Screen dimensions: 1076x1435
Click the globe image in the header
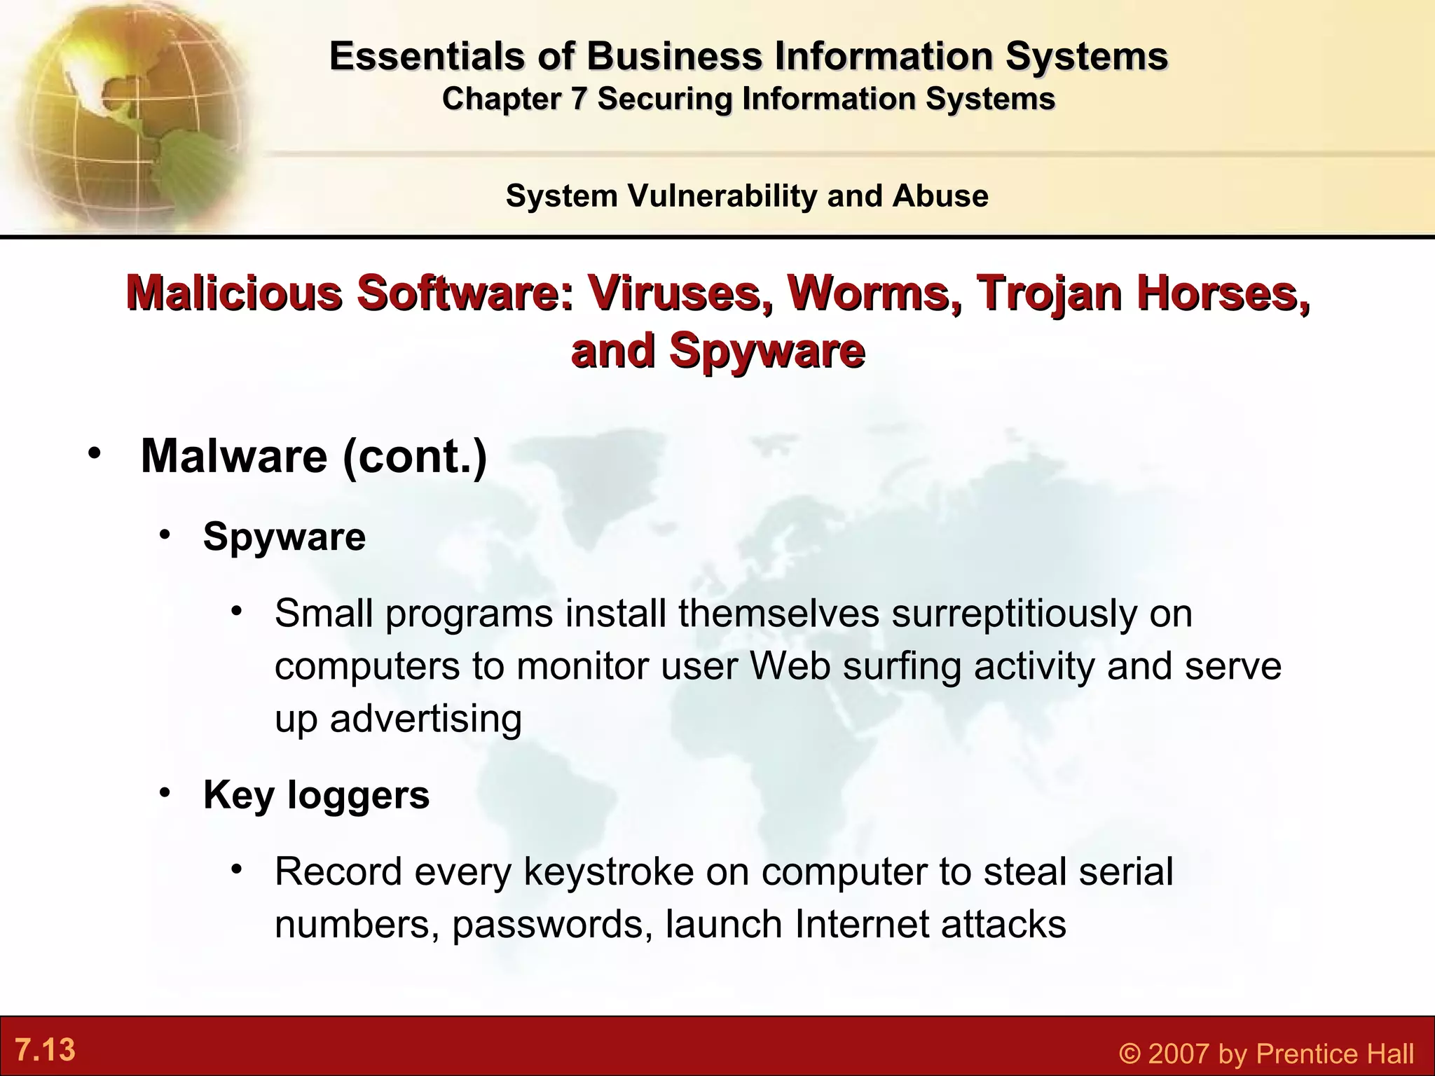tap(126, 112)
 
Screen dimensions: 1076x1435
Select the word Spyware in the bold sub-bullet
tap(284, 537)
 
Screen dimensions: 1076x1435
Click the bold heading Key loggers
tap(316, 795)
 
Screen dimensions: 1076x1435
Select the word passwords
tap(547, 925)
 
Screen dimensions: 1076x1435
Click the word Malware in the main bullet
tap(234, 457)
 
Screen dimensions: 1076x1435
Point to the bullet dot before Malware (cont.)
tap(94, 453)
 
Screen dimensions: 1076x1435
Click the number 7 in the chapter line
tap(577, 99)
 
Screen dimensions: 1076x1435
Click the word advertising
tap(425, 719)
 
